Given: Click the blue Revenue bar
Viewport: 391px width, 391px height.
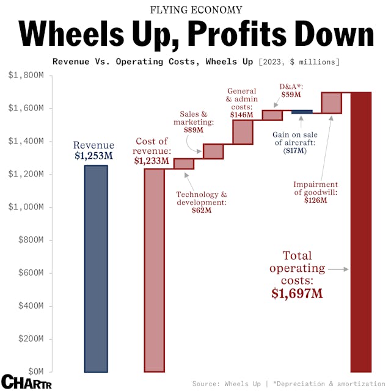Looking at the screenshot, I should (96, 268).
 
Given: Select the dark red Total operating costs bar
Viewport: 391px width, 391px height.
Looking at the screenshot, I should (360, 232).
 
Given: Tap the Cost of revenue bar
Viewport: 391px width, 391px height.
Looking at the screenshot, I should (155, 269).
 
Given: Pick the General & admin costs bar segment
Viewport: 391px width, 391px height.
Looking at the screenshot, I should (243, 132).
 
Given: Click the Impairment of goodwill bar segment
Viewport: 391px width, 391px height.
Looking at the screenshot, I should (331, 103).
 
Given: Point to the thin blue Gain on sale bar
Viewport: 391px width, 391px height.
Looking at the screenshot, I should (302, 112).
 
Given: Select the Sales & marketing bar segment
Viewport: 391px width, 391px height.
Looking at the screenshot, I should (213, 152).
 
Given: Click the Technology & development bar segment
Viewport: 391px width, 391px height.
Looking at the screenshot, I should (183, 164).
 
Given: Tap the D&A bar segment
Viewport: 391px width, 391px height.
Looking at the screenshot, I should (272, 115).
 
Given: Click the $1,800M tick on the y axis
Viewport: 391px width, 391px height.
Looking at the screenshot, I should (26, 75).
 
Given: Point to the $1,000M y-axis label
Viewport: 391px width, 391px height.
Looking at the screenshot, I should (26, 207).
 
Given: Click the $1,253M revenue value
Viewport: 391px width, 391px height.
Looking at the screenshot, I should (94, 157).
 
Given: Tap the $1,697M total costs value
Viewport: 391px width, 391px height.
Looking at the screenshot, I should (297, 293).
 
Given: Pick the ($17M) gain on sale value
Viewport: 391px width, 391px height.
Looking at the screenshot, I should (294, 150).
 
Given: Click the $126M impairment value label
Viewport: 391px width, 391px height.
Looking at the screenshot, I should (315, 201).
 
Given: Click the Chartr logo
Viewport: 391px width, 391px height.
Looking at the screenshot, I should (24, 381).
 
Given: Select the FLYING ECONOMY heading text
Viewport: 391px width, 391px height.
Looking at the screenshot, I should (195, 10).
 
